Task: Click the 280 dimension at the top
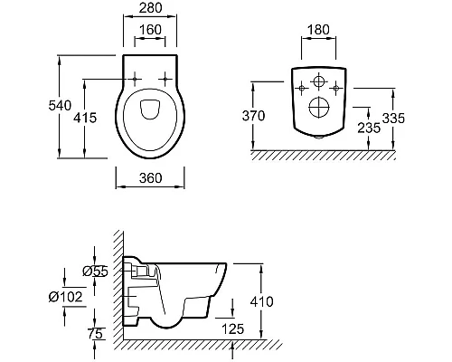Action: [x=150, y=8]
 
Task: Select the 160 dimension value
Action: [x=150, y=30]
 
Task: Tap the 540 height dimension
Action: [x=60, y=106]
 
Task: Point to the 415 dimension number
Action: [x=85, y=118]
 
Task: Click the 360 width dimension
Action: [x=150, y=178]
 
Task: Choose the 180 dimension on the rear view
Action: [x=318, y=30]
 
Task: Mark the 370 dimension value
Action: [x=253, y=116]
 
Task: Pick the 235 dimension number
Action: [x=369, y=129]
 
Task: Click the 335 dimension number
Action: [x=393, y=118]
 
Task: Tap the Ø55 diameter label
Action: [x=95, y=271]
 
